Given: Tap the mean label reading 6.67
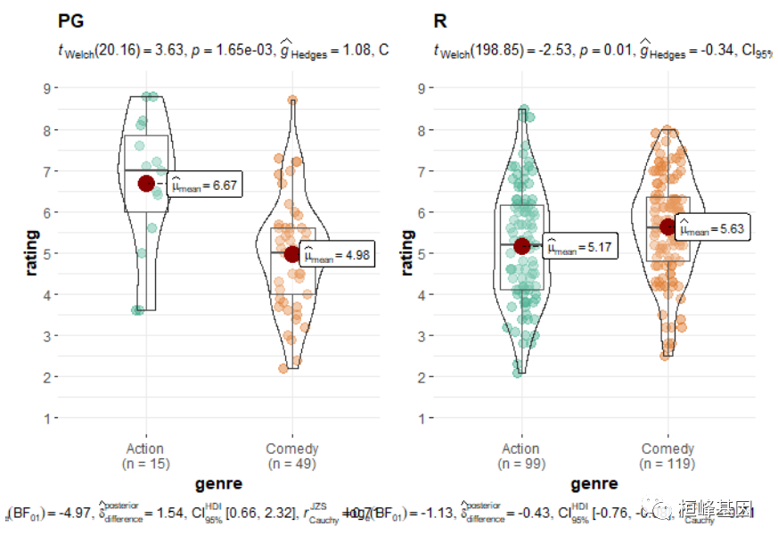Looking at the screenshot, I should tap(204, 185).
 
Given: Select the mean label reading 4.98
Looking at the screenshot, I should tap(336, 257).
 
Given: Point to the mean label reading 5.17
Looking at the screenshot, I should tap(579, 248).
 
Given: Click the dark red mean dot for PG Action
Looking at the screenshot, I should tap(147, 183).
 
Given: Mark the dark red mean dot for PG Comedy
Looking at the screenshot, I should tap(292, 254).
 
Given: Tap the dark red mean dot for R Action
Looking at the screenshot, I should tap(522, 245).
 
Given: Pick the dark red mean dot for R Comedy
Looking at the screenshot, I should tap(667, 226).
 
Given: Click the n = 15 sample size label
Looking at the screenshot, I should tap(146, 464).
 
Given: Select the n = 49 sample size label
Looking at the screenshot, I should tap(291, 464).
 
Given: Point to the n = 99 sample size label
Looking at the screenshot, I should tap(521, 464).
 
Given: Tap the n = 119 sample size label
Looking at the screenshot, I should tap(667, 464).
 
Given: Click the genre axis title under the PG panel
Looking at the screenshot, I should tap(218, 483).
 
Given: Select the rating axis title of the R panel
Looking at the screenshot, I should tap(407, 253).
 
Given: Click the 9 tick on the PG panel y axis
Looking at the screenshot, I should tap(44, 87).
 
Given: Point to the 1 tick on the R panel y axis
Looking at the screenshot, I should tap(420, 418).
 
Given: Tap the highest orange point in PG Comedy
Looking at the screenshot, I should tap(292, 101).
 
